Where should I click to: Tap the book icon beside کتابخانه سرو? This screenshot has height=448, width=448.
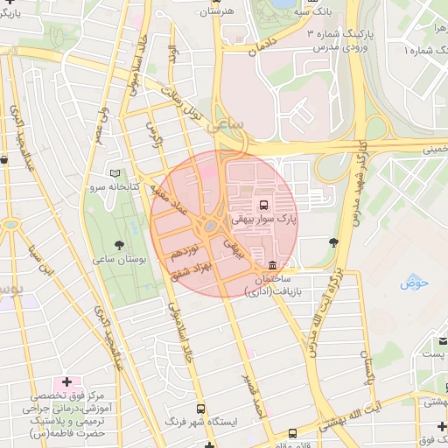[116, 173]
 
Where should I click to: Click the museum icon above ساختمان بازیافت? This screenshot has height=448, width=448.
[273, 265]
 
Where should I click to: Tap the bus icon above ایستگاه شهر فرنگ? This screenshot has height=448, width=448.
[200, 409]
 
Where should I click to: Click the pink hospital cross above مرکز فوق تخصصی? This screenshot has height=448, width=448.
[66, 383]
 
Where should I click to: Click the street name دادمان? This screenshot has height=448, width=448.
[262, 46]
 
